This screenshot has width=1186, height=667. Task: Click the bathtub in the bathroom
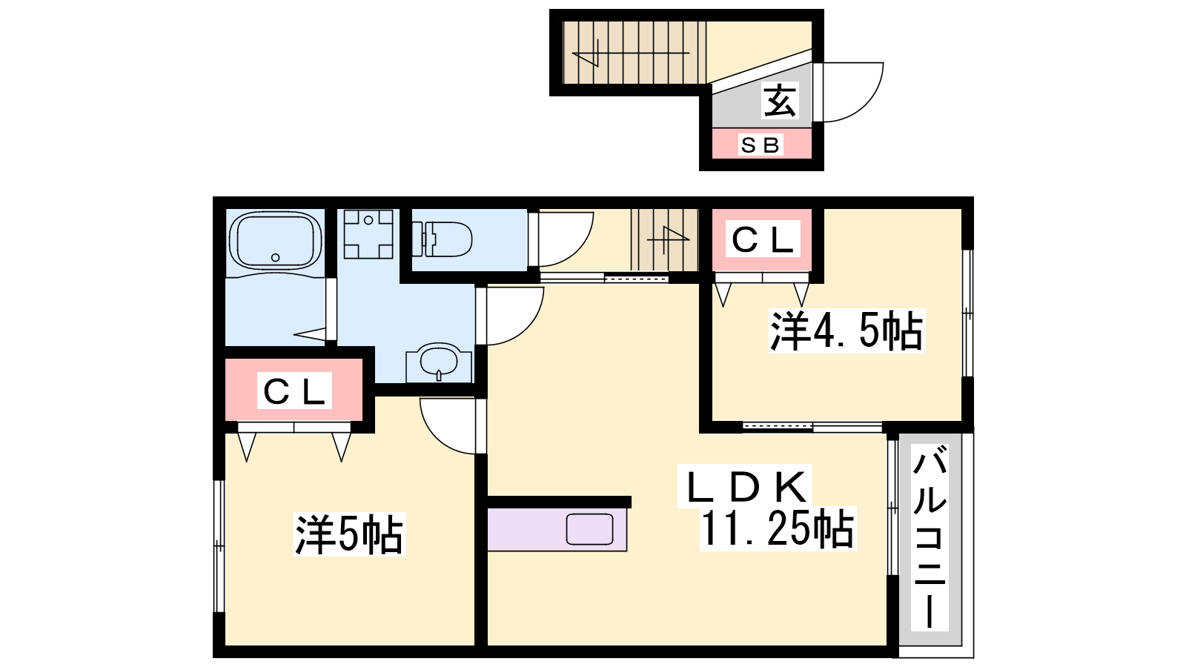[275, 242]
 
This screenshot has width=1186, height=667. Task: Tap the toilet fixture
[442, 239]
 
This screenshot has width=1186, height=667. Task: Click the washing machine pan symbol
[368, 234]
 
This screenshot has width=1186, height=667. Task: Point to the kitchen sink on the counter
[589, 529]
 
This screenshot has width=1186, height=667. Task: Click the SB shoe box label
[761, 145]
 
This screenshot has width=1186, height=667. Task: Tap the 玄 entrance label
[779, 101]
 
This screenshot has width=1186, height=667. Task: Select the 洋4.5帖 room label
[847, 331]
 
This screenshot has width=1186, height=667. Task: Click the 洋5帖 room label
[349, 534]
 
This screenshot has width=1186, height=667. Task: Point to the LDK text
[747, 487]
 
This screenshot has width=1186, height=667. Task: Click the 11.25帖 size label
[778, 528]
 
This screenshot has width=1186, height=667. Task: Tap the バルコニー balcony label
[930, 537]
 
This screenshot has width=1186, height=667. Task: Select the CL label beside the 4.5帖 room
[763, 240]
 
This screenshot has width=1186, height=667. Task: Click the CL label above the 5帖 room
[294, 391]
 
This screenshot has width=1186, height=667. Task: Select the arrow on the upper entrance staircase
[631, 53]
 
